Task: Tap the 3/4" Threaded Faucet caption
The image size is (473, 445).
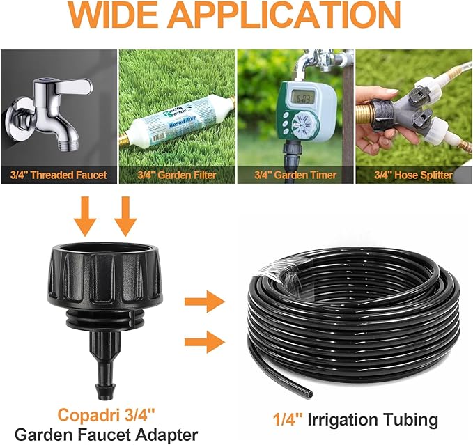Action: click(x=59, y=174)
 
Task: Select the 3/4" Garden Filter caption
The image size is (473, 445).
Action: click(x=177, y=174)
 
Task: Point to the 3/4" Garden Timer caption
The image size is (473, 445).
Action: click(x=295, y=174)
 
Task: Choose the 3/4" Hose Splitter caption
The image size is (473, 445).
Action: click(x=414, y=174)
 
